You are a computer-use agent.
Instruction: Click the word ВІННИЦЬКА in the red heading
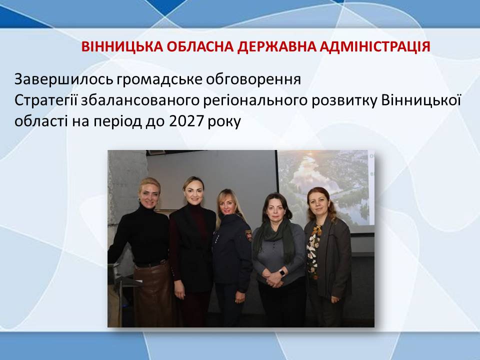click(122, 46)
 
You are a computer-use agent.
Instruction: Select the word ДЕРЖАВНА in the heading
click(276, 46)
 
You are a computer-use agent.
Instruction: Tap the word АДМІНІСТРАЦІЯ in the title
click(375, 46)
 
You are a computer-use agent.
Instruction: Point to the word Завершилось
click(63, 79)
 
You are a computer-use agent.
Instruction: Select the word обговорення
click(253, 80)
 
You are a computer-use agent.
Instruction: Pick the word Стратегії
click(46, 101)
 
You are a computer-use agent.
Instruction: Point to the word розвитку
click(344, 101)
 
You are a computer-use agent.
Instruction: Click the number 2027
click(186, 121)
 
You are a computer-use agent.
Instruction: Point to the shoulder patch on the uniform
click(248, 235)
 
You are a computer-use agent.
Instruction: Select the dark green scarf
click(274, 237)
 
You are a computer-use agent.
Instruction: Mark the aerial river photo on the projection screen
click(325, 189)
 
